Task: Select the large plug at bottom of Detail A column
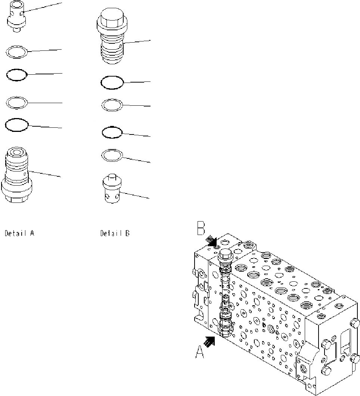pos(16,176)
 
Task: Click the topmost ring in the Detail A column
pos(16,52)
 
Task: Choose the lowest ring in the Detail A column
pos(16,125)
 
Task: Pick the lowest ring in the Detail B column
pos(112,155)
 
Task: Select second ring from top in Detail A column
pos(17,75)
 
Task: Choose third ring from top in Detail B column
pos(112,132)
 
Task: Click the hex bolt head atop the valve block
pos(225,255)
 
